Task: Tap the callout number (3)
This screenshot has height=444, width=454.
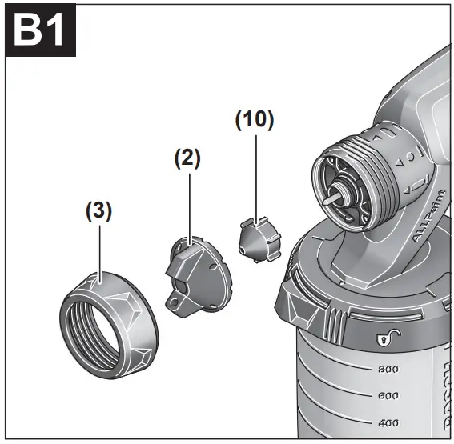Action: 98,212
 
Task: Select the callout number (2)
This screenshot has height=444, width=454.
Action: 187,158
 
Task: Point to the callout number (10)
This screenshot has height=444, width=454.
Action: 255,120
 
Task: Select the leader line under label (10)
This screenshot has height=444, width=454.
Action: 255,176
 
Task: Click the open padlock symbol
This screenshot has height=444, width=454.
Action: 383,341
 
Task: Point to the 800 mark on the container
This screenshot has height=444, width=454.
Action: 388,370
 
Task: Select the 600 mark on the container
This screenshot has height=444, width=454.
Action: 388,396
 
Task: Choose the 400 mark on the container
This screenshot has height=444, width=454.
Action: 388,422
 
